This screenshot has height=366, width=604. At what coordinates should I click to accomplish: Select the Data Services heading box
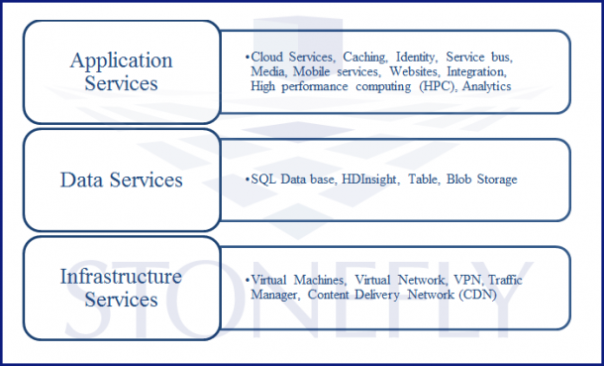click(x=121, y=180)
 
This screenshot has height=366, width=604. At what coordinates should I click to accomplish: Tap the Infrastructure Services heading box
click(x=121, y=287)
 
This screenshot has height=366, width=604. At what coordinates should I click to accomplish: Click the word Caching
click(x=366, y=59)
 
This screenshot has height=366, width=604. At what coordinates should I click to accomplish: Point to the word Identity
click(x=420, y=59)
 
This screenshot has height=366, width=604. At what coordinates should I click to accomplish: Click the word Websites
click(x=414, y=72)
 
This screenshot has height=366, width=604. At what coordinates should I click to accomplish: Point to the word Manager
click(x=274, y=295)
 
